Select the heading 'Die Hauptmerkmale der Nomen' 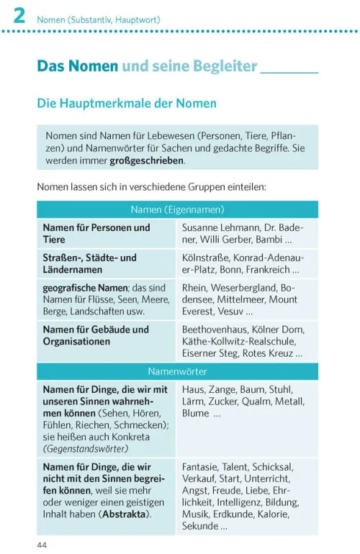pos(127,104)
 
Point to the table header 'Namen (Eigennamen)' pos(177,210)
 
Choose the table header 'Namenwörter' pos(177,372)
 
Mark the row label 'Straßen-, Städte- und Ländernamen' pos(89,263)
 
